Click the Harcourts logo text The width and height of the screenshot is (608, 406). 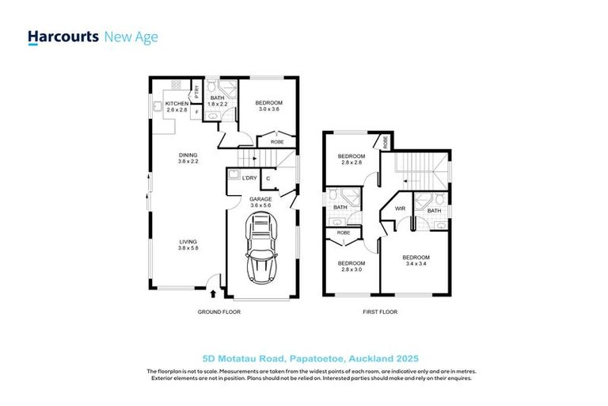(x=63, y=36)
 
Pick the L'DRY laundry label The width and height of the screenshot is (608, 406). (x=249, y=177)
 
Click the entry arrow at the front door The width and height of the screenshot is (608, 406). (x=212, y=293)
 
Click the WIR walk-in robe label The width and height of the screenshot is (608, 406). (x=400, y=209)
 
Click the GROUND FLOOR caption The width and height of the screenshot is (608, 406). (x=218, y=312)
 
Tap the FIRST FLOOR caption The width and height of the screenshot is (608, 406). (x=381, y=312)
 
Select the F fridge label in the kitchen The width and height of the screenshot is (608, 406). (x=196, y=113)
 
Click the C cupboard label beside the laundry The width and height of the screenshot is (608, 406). (x=268, y=178)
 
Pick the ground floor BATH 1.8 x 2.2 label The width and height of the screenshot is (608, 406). (x=218, y=101)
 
